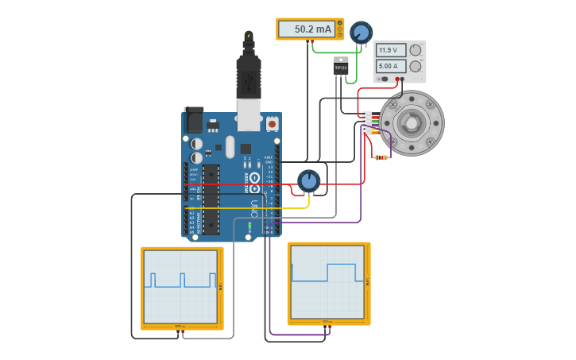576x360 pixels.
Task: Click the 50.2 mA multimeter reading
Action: tap(310, 29)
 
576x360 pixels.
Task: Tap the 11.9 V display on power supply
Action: tap(390, 51)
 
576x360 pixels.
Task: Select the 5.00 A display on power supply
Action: tap(390, 67)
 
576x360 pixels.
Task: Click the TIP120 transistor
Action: tap(341, 68)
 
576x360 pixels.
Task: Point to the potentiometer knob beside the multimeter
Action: tap(361, 32)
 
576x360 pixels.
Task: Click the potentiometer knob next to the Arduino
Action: tap(308, 180)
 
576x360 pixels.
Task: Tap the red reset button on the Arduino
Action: tap(272, 124)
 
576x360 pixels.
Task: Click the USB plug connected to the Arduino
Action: tap(249, 79)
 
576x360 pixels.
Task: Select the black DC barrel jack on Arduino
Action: tap(193, 120)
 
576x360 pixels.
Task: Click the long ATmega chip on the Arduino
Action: tap(211, 199)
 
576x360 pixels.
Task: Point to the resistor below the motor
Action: tap(382, 157)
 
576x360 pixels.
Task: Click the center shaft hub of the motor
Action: tap(411, 123)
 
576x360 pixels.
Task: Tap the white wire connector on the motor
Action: tap(366, 122)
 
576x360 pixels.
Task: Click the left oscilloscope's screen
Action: tap(180, 287)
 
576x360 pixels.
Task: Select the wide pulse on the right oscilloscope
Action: tap(341, 272)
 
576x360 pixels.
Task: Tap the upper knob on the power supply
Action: tap(415, 51)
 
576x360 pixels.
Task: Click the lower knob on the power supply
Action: tap(415, 67)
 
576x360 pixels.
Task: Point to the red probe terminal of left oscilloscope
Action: tap(184, 331)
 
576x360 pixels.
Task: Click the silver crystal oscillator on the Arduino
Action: tap(230, 147)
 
